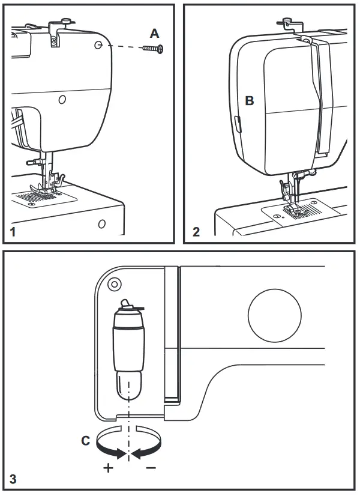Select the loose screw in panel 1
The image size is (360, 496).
152,49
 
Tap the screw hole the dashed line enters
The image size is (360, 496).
98,44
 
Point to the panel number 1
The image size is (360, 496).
16,232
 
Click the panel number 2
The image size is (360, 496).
196,232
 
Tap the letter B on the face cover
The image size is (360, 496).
250,101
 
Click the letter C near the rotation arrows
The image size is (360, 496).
86,441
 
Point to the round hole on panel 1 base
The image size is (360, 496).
102,224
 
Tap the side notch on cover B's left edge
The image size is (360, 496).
236,124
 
